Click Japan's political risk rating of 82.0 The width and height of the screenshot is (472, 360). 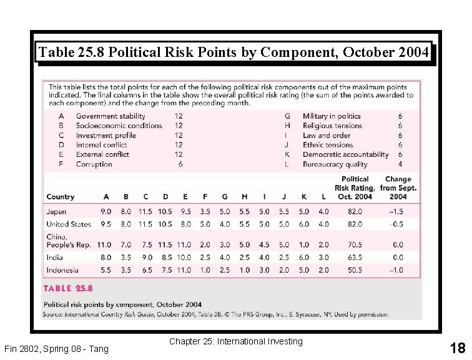click(x=355, y=212)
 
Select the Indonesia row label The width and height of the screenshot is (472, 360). click(x=62, y=271)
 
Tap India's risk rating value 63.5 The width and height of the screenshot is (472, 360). click(x=355, y=257)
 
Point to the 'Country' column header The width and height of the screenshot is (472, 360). click(x=61, y=197)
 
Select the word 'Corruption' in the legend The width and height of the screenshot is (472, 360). click(x=94, y=164)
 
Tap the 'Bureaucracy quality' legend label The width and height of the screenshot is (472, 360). click(x=335, y=164)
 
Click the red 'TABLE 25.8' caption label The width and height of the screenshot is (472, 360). click(x=68, y=288)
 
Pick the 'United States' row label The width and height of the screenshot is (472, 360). click(x=69, y=224)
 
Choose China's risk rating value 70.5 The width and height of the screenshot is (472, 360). click(x=355, y=245)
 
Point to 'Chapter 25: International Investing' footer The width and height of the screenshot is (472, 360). click(x=235, y=341)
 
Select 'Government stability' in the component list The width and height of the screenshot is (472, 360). click(x=111, y=116)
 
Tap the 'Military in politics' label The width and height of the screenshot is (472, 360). click(x=332, y=116)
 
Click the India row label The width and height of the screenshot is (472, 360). click(x=55, y=257)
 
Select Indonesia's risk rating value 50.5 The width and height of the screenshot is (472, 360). click(x=355, y=271)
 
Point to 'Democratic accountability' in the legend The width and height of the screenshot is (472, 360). click(x=345, y=154)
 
